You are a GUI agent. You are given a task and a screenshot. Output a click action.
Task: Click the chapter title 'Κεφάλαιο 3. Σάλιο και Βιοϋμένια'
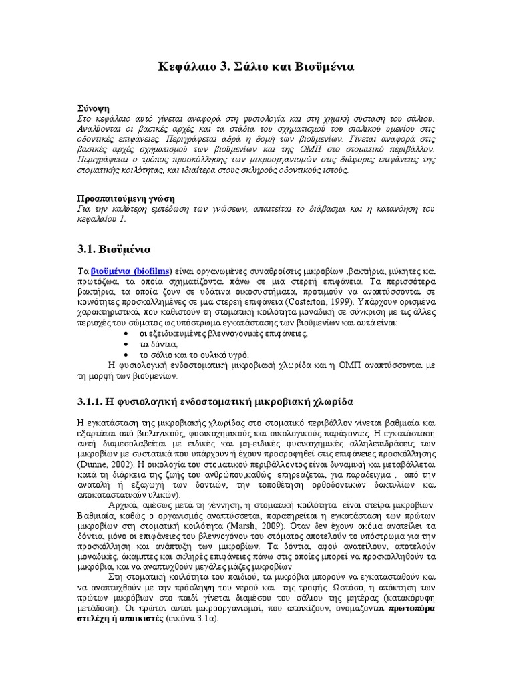pyautogui.click(x=256, y=67)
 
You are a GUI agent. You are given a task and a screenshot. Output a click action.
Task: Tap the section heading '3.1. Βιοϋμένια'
pyautogui.click(x=114, y=249)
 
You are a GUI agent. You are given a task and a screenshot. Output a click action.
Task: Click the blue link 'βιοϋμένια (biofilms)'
pyautogui.click(x=130, y=272)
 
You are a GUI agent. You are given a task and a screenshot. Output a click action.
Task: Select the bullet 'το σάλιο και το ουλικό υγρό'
pyautogui.click(x=194, y=354)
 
